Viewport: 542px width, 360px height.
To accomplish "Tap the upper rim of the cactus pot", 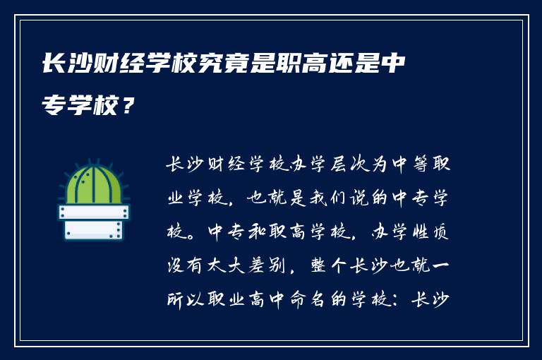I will (93, 211).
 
